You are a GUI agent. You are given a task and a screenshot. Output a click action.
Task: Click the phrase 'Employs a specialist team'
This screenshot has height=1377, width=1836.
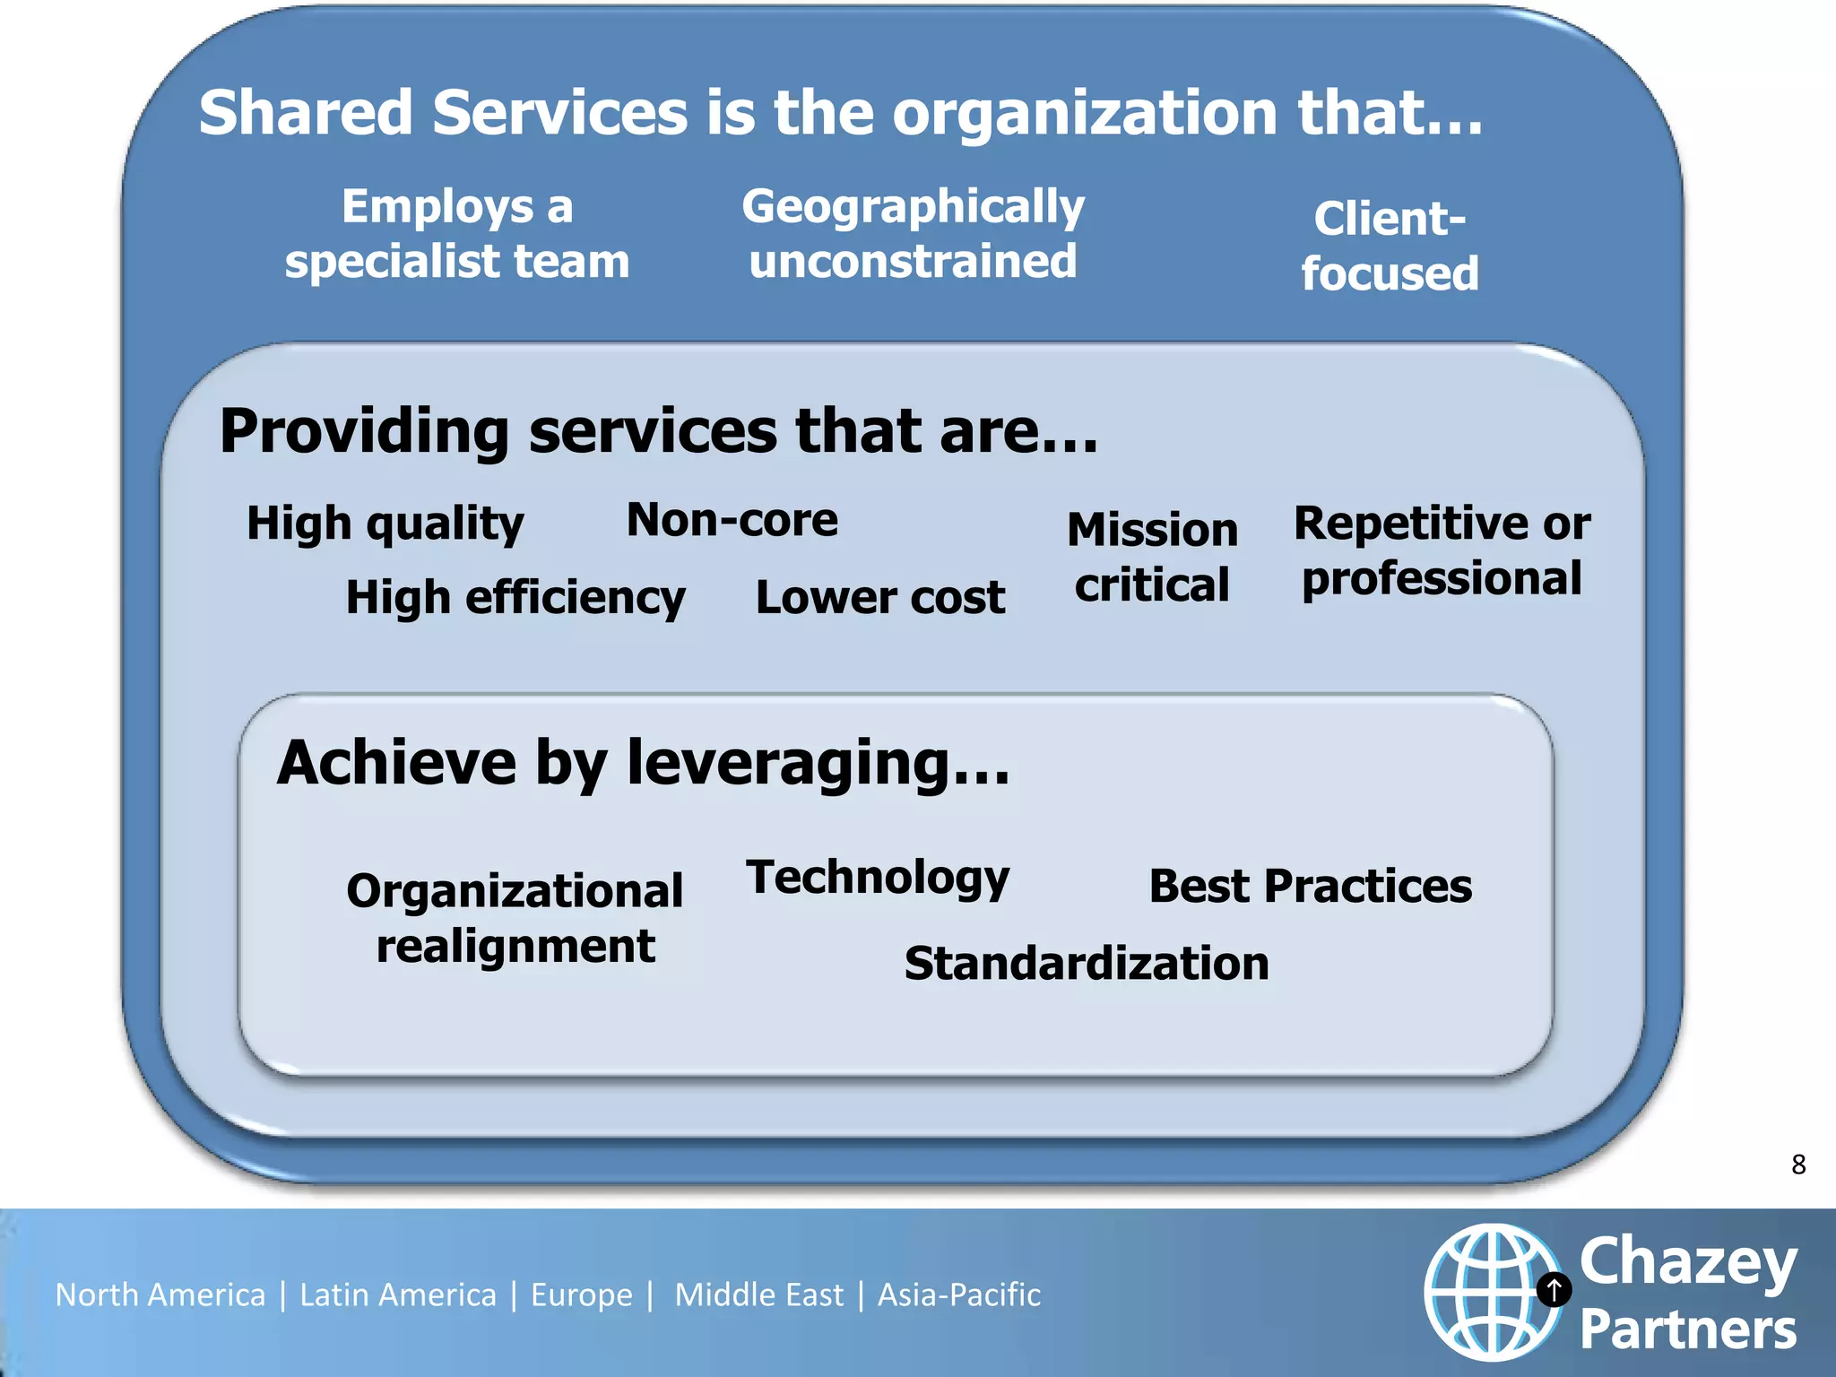tap(457, 234)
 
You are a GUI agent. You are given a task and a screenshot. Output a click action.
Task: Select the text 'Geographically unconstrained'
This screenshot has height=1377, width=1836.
tap(913, 234)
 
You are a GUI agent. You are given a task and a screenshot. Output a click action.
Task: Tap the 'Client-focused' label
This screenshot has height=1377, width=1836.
tap(1390, 246)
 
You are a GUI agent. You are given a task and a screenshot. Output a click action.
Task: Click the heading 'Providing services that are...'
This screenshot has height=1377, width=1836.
tap(658, 431)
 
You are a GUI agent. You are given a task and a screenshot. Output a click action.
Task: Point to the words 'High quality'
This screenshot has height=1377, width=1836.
tap(385, 524)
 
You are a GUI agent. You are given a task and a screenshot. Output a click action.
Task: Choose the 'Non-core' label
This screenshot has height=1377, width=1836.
tap(732, 520)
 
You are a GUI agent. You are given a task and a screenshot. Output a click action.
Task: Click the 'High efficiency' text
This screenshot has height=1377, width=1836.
tap(515, 598)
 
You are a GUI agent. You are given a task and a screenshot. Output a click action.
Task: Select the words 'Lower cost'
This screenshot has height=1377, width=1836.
tap(879, 598)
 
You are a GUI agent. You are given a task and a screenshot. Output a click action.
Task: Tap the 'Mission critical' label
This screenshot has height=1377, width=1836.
tap(1152, 557)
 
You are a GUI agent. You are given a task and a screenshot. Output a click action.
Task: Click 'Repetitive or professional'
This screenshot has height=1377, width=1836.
tap(1442, 550)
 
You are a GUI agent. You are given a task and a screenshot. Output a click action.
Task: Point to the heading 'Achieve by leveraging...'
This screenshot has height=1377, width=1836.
tap(643, 763)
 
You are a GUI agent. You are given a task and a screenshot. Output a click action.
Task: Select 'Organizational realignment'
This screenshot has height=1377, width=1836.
tap(515, 918)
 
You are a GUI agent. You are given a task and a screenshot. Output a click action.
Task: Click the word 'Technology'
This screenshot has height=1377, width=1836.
tap(878, 878)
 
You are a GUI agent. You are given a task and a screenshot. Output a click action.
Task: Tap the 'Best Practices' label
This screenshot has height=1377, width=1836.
tap(1310, 887)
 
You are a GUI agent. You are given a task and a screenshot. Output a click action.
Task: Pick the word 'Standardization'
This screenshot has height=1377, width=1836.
tap(1087, 964)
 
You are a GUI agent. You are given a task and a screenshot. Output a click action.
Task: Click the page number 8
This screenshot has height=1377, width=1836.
tap(1797, 1165)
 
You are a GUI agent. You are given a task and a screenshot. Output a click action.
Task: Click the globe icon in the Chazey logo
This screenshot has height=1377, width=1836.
tap(1490, 1292)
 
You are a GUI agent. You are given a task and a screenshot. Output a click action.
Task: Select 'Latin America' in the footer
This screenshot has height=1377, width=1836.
tap(397, 1295)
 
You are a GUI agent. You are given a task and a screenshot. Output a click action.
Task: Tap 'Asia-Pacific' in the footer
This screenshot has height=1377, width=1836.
tap(958, 1295)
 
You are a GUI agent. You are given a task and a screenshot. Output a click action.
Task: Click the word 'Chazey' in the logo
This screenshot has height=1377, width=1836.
tap(1687, 1262)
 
